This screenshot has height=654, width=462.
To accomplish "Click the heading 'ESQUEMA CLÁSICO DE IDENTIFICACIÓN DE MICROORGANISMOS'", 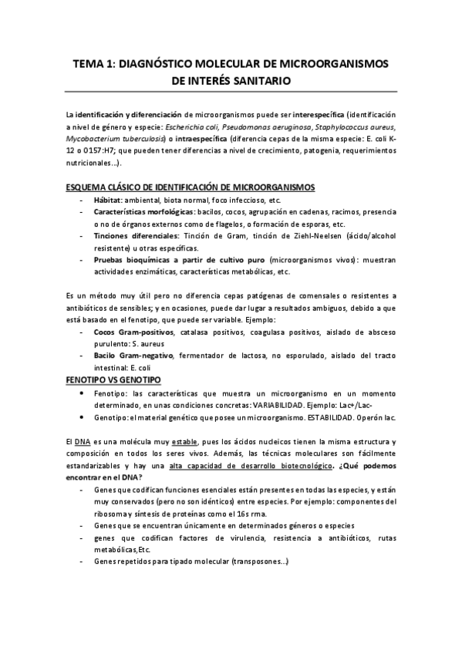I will pyautogui.click(x=191, y=187).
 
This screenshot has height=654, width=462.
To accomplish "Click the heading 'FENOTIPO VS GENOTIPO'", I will pyautogui.click(x=113, y=381).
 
